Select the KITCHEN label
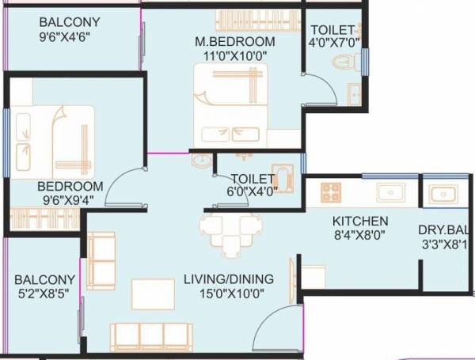coord(359,221)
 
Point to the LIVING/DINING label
coord(228,279)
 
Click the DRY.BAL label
coord(444,230)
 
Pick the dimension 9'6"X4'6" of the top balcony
coord(64,36)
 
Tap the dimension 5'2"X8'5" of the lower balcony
coord(45,294)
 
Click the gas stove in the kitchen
coord(330,191)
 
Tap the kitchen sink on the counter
coord(389,192)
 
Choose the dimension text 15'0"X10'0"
coord(228,294)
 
